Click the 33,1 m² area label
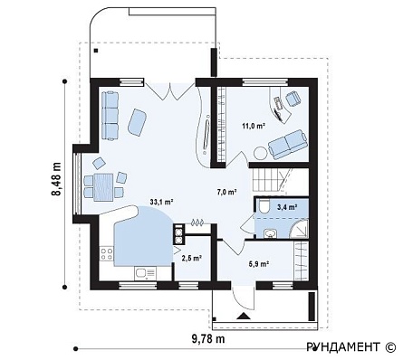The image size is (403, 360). (x=161, y=202)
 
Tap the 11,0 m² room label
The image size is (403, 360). (x=254, y=126)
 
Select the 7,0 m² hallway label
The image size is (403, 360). (x=226, y=192)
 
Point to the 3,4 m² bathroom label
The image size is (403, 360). (x=287, y=207)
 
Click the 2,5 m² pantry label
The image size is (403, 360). (x=191, y=258)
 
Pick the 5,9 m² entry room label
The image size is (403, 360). (x=259, y=264)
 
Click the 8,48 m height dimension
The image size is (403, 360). (x=56, y=180)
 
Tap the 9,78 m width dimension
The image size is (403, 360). (x=208, y=339)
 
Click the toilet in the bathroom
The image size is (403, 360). (x=264, y=206)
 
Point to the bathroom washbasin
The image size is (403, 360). (x=270, y=233)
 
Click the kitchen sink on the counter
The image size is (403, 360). (x=145, y=273)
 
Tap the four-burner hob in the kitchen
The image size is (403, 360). (x=107, y=254)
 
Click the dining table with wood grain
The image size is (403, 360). (x=103, y=187)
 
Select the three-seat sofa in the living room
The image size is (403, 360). (x=110, y=116)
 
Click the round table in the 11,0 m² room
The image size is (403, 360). (x=261, y=153)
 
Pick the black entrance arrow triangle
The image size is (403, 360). (x=244, y=316)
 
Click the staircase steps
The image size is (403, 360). (x=267, y=180)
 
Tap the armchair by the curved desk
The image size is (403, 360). (x=293, y=99)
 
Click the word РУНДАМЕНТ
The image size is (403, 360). (x=343, y=347)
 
